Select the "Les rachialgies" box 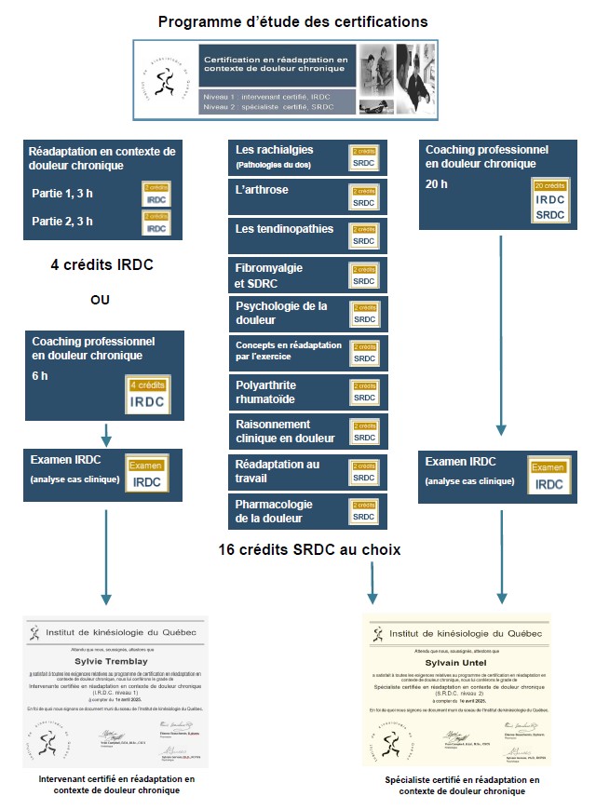coord(307,157)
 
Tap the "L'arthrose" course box coord(307,196)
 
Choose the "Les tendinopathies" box coord(307,236)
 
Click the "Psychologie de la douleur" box coord(307,313)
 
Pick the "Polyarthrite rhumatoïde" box coord(307,392)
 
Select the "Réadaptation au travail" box coord(307,471)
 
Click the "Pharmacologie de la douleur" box coord(307,510)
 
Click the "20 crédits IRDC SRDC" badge coord(549,199)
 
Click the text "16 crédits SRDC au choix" coord(309,550)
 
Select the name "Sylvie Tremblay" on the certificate coord(115,662)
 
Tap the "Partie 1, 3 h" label coord(62,195)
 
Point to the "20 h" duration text coord(437,183)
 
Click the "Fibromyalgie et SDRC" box coord(307,275)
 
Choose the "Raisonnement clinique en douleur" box coord(307,431)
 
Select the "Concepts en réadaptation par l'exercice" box coord(307,353)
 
